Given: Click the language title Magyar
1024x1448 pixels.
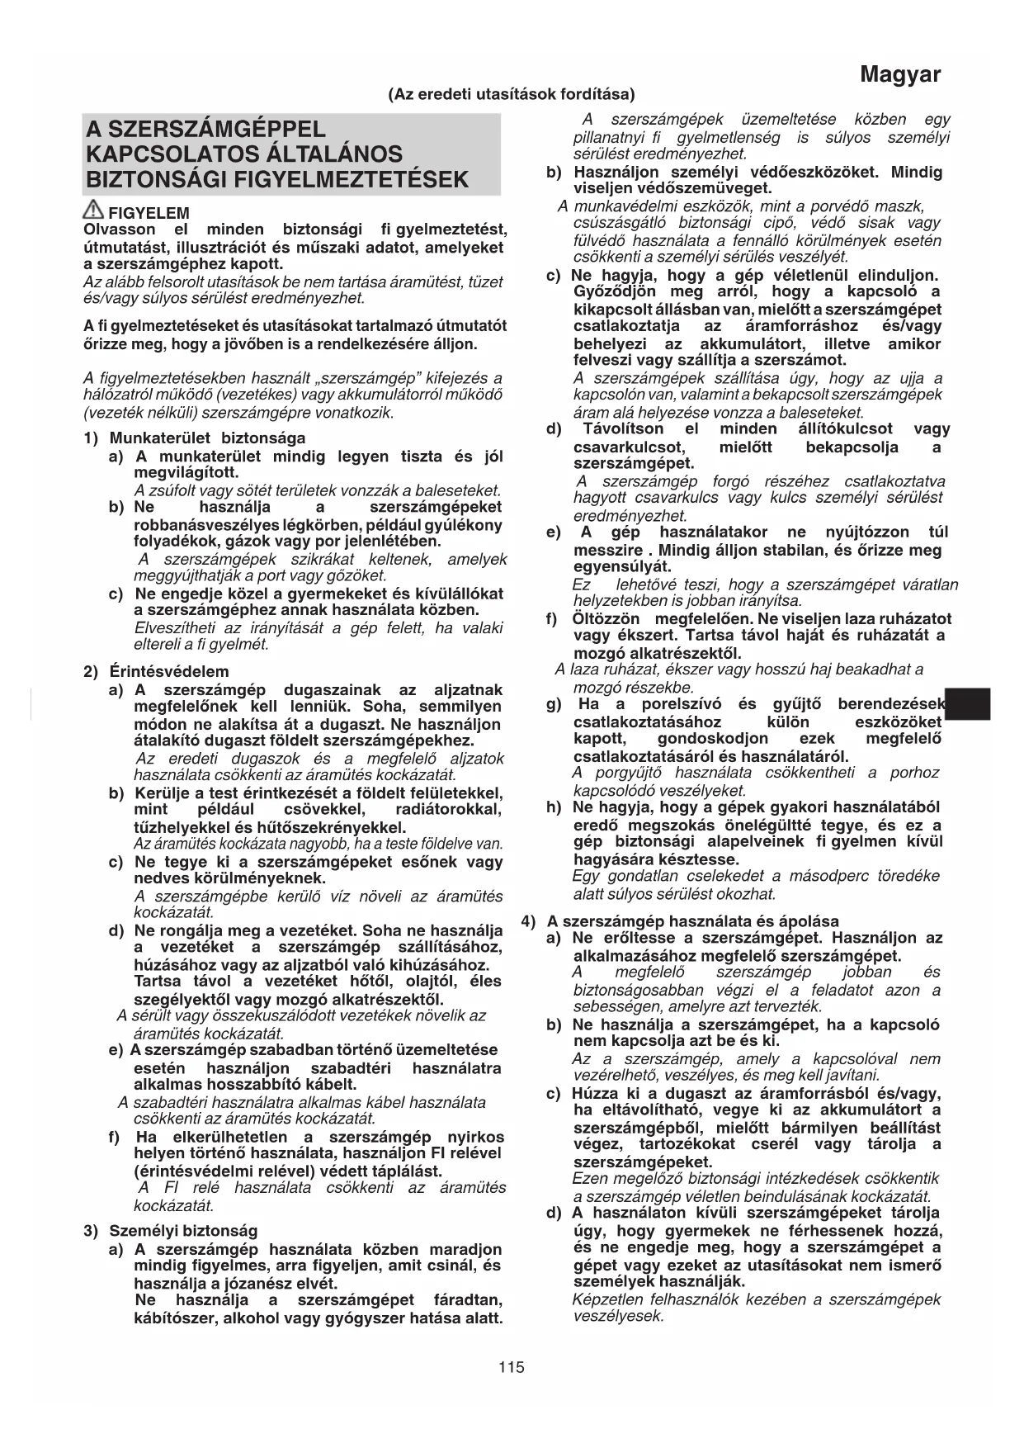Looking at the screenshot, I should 899,75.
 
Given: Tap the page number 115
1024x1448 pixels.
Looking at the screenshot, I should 512,1367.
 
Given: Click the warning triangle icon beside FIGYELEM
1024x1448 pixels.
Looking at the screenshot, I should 93,211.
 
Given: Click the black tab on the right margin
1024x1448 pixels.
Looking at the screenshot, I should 968,704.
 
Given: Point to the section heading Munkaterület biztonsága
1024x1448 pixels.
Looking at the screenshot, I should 207,438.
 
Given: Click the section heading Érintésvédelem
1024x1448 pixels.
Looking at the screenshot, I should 169,672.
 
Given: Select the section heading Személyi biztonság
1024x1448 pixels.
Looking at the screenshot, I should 183,1232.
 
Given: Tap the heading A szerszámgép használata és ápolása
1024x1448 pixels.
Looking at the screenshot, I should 692,921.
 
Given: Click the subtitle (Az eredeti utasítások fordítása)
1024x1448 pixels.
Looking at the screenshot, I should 512,94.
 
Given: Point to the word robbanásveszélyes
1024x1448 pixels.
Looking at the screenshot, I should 204,525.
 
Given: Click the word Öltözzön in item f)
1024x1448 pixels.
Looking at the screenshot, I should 606,619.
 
